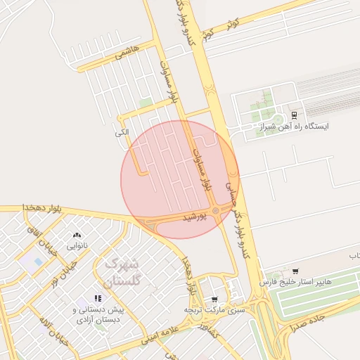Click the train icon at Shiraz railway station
(x=294, y=115)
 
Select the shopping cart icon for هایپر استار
(x=295, y=271)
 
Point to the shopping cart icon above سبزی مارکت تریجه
(x=214, y=299)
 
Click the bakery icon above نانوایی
(x=77, y=235)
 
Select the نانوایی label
(x=77, y=246)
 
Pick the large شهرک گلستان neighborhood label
(x=121, y=271)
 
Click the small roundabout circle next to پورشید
(x=215, y=210)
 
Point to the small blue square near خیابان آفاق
(x=39, y=262)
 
